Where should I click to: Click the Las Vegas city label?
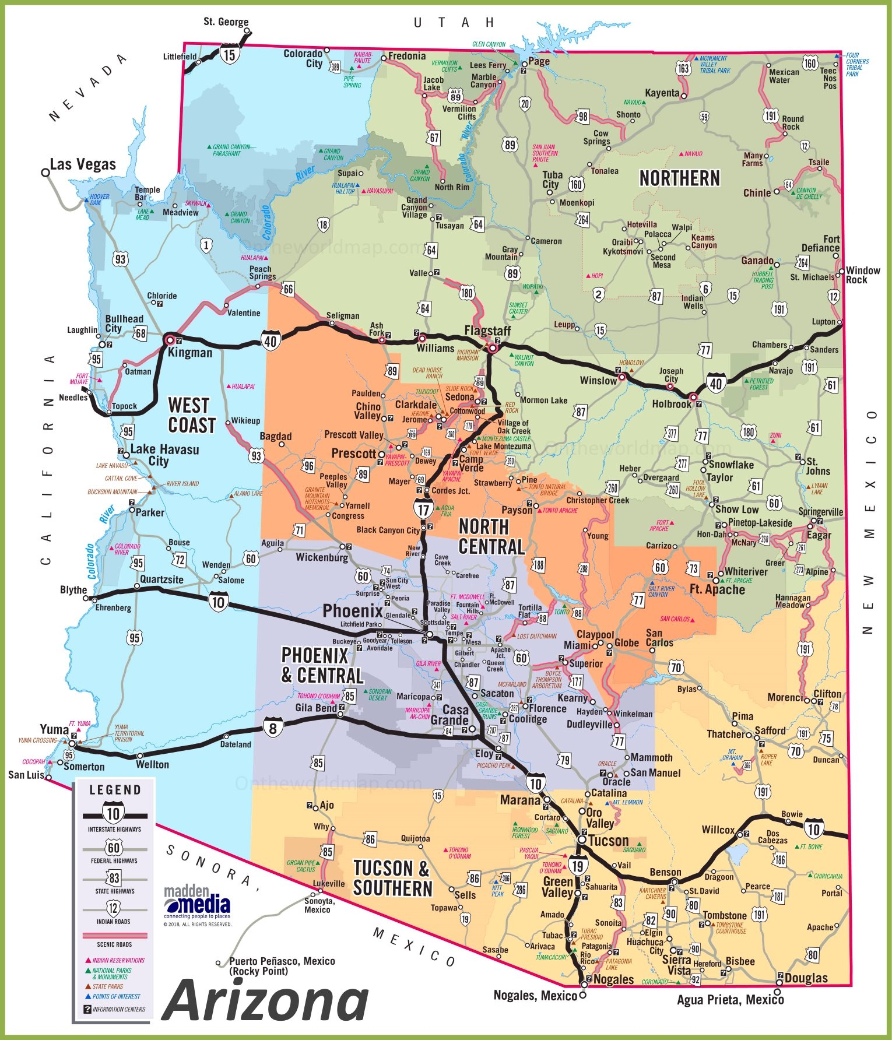tap(83, 164)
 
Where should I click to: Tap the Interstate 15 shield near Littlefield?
tap(230, 55)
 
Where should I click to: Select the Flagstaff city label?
tap(487, 331)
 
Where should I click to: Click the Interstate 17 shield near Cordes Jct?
tap(423, 510)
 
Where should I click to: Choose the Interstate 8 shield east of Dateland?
tap(273, 728)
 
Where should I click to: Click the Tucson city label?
tap(608, 841)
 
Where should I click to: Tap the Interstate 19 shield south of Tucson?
tap(577, 866)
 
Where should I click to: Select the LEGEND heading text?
tap(115, 790)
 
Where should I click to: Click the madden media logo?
tap(197, 901)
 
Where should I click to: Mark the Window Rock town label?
tap(863, 275)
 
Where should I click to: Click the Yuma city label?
tap(54, 729)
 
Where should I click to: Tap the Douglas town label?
tap(806, 978)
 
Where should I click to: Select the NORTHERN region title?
tap(679, 178)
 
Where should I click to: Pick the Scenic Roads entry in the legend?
tap(114, 944)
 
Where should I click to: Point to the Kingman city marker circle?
tap(170, 339)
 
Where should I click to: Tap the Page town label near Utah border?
tap(539, 61)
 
